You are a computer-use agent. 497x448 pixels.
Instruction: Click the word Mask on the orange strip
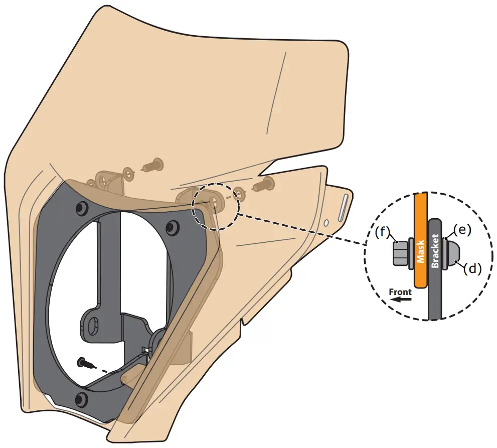coord(420,252)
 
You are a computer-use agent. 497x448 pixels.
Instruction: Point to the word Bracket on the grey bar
coord(435,251)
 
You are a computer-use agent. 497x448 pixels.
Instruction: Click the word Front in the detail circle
coord(400,291)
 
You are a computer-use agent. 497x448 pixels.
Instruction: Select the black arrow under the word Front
coord(401,300)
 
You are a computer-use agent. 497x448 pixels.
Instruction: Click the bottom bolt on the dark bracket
coord(80,399)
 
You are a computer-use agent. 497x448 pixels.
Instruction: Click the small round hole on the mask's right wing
coord(326,221)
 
